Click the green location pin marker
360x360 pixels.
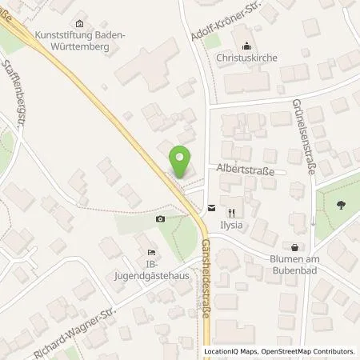182,163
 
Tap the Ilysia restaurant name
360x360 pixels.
232,225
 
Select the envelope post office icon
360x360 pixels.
210,207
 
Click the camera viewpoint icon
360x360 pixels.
161,219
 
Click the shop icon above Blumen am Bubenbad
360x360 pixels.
296,249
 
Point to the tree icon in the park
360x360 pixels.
342,205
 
